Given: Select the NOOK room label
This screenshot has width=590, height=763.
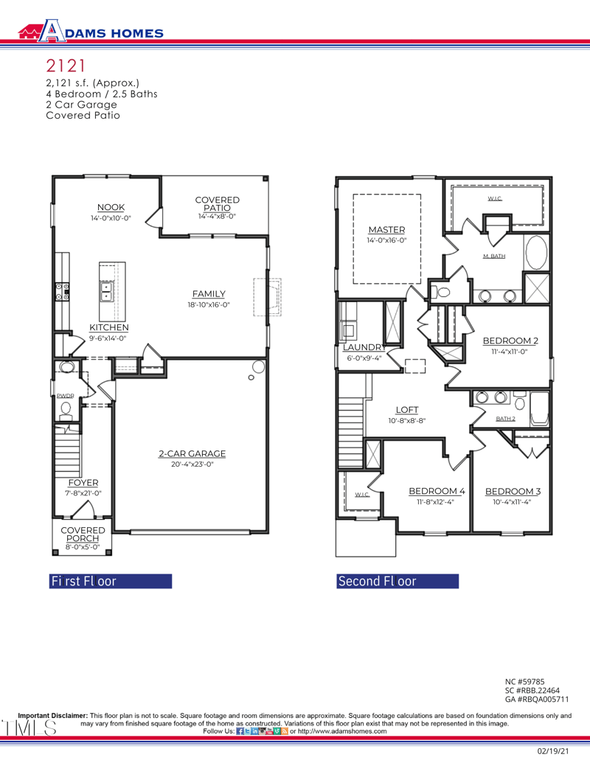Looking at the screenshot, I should click(111, 207).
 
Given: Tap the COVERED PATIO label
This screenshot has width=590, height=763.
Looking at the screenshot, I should click(217, 204).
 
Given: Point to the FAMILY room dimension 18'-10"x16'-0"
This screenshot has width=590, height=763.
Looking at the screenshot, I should click(209, 304).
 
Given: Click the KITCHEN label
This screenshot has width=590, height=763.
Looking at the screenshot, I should click(109, 327).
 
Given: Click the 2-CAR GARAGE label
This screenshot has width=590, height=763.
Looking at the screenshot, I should click(192, 454).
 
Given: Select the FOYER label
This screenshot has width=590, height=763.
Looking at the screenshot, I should click(83, 483).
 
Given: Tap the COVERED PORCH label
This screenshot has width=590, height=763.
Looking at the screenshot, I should click(83, 534).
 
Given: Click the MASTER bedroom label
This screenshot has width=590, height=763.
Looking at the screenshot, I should click(386, 230).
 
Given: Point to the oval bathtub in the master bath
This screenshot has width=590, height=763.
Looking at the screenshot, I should click(536, 253).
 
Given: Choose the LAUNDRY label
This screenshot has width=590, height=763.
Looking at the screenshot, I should click(364, 347).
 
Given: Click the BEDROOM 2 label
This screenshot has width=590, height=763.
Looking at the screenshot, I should click(510, 341).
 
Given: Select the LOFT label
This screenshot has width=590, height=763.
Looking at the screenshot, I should click(407, 410).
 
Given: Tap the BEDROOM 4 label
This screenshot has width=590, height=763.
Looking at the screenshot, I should click(437, 491).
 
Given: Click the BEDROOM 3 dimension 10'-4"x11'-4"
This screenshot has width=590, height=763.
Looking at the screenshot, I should click(512, 502).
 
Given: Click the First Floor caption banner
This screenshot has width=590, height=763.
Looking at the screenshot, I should click(110, 581).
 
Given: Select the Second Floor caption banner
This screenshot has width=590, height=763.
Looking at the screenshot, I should click(398, 581).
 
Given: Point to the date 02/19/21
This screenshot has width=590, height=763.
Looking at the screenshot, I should click(552, 751).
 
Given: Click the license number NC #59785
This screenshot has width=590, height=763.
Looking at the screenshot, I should click(524, 682).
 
